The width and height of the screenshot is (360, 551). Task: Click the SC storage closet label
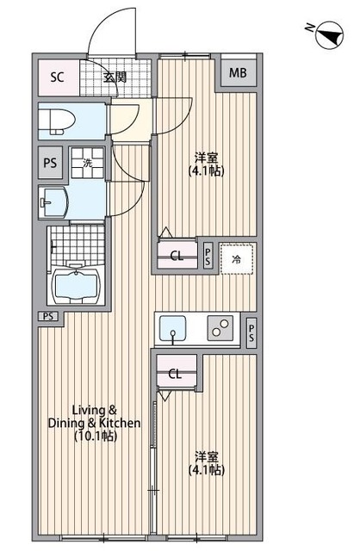(58, 77)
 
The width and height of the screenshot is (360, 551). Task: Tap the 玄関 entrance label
(115, 77)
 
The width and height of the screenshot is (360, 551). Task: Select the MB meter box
(238, 72)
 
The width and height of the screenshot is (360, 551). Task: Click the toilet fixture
(57, 121)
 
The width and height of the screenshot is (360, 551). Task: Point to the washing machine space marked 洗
(88, 163)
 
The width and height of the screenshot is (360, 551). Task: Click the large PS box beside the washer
(50, 163)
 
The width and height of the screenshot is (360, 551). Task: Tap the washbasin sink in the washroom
(53, 203)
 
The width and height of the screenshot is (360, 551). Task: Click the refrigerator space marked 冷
(237, 258)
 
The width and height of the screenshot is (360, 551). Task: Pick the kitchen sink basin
(172, 328)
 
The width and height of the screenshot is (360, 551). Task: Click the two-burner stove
(220, 328)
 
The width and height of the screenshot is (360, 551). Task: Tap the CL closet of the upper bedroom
(177, 256)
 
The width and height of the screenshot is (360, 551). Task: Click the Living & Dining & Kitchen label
(94, 423)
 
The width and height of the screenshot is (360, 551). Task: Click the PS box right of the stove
(251, 333)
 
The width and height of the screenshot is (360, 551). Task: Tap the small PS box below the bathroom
(48, 316)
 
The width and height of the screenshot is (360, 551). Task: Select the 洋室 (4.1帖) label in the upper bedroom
(207, 164)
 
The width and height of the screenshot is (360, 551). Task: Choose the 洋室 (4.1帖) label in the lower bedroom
(207, 463)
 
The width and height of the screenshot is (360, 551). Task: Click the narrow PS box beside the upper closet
(208, 256)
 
